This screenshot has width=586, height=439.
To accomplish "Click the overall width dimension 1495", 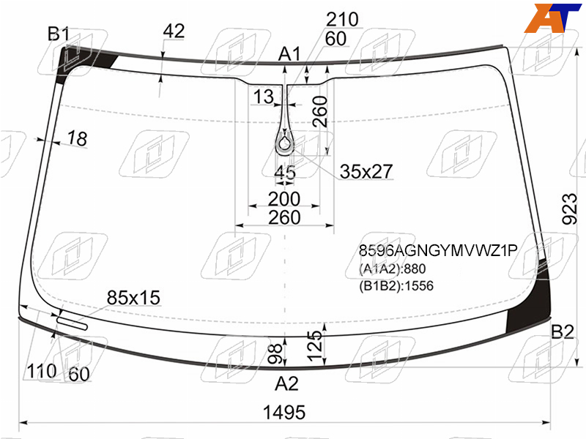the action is [284, 413].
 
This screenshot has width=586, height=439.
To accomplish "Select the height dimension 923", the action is [570, 209].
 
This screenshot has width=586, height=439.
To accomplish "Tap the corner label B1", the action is [59, 34].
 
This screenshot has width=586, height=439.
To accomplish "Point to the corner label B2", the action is [563, 331].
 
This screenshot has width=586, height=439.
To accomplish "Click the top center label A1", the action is [289, 54].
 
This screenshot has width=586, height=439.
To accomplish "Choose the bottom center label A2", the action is [286, 383].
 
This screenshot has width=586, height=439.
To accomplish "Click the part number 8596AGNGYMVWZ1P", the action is [438, 250].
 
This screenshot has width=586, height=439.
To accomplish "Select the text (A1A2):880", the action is [393, 269].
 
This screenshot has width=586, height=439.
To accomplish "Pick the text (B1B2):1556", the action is [396, 286].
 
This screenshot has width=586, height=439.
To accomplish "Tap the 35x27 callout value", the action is [366, 171].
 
